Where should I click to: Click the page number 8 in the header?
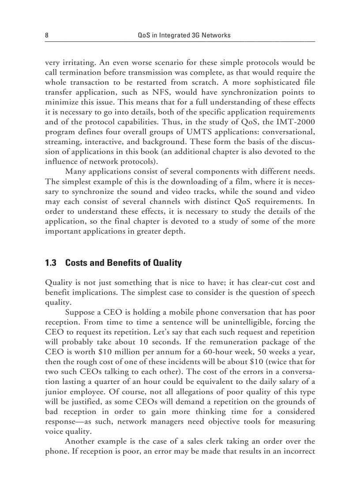pyautogui.click(x=47, y=35)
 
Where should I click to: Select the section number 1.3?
pyautogui.click(x=51, y=263)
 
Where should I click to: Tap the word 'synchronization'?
pyautogui.click(x=249, y=92)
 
